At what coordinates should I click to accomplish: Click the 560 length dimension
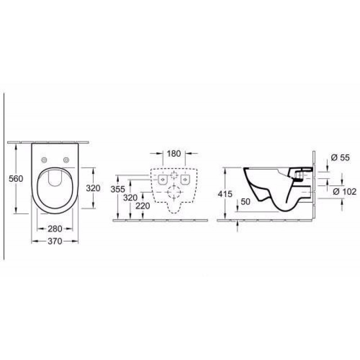pos(16,178)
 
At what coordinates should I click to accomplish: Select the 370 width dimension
pos(55,241)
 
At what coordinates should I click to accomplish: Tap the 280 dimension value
pos(55,229)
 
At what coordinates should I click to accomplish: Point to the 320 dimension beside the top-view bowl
pos(93,188)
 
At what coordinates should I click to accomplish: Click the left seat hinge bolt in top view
pos(44,160)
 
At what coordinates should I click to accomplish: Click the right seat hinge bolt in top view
pos(66,160)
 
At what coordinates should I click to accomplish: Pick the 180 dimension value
pos(174,153)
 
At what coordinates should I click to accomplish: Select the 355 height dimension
pos(118,189)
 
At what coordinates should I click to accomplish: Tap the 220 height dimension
pos(143,206)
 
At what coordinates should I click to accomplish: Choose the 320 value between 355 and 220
pos(130,198)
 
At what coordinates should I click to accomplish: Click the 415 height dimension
pos(225,194)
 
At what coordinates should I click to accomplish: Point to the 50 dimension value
pos(245,202)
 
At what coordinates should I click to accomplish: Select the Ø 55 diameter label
pos(340,157)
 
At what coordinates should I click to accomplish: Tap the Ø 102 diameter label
pos(345,192)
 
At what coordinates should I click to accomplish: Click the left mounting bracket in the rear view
pos(163,180)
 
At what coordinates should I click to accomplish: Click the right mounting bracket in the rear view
pos(185,180)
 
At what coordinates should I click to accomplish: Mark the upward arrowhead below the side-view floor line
pos(238,223)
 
